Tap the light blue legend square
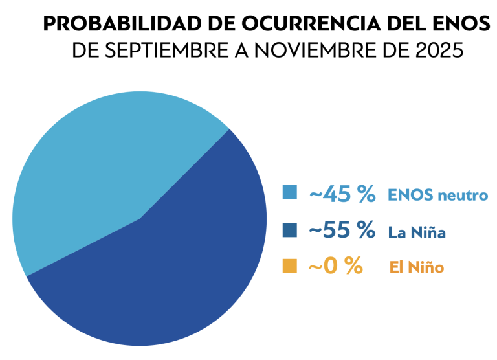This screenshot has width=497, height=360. pyautogui.click(x=290, y=192)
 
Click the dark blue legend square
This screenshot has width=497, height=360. pyautogui.click(x=290, y=230)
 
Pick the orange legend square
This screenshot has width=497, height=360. pyautogui.click(x=290, y=266)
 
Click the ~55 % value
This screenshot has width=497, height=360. pyautogui.click(x=343, y=230)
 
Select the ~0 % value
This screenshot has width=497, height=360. pyautogui.click(x=335, y=266)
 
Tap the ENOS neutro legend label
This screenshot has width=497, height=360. pyautogui.click(x=437, y=194)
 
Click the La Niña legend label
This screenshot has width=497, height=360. pyautogui.click(x=417, y=232)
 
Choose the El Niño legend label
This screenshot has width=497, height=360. pyautogui.click(x=416, y=267)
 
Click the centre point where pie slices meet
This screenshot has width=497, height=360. pyautogui.click(x=139, y=219)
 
